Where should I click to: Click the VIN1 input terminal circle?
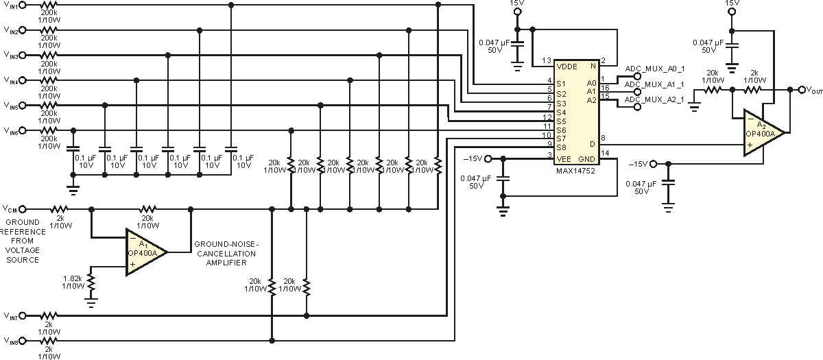[23, 5]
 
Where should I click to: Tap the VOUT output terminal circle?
[802, 90]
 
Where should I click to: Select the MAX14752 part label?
[575, 171]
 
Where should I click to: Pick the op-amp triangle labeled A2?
[765, 132]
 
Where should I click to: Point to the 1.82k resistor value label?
[73, 278]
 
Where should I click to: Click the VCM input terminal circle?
[23, 209]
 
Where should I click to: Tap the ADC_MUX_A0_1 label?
[655, 69]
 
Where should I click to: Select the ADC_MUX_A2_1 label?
[654, 99]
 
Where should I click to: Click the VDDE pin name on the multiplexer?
[567, 67]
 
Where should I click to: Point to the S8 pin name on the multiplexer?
[561, 147]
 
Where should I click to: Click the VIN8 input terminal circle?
[23, 341]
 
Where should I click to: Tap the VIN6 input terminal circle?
[23, 130]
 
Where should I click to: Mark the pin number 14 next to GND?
[605, 153]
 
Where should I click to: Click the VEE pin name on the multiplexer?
[564, 159]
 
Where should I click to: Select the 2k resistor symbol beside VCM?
[59, 209]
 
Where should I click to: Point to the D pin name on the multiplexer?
[592, 145]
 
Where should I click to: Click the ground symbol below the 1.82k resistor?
[91, 302]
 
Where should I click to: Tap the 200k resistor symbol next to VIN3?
[49, 55]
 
